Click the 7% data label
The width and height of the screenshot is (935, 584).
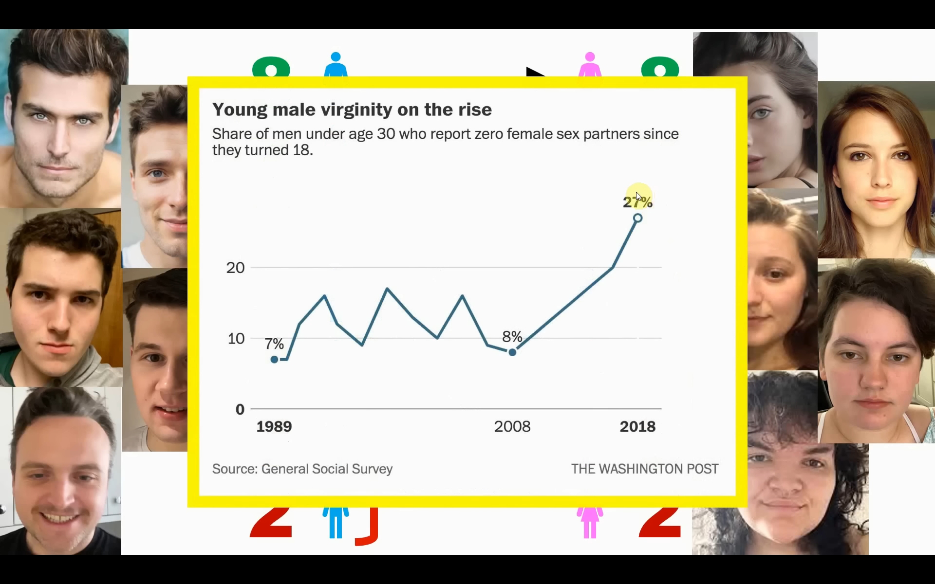(x=274, y=344)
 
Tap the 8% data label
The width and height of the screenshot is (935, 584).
(x=512, y=336)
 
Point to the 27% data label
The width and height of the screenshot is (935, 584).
(x=637, y=202)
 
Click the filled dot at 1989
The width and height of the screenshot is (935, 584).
(x=274, y=360)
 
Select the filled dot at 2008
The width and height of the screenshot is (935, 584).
(x=512, y=352)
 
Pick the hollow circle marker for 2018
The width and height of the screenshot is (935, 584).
(x=637, y=219)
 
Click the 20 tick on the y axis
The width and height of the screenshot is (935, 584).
(x=235, y=268)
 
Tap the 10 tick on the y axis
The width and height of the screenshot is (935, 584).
(x=236, y=339)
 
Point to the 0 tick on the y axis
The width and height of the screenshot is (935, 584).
(x=240, y=409)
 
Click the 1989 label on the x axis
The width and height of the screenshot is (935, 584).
(x=274, y=427)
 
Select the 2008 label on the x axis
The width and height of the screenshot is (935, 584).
(x=512, y=427)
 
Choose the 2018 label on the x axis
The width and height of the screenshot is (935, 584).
(x=637, y=427)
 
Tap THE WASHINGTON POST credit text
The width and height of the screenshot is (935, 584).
(x=644, y=469)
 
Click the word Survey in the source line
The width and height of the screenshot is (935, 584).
(x=372, y=469)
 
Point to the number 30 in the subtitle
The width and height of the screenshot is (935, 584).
(x=386, y=134)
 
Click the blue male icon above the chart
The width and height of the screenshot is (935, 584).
(x=336, y=64)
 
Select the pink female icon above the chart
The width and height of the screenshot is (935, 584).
(x=590, y=64)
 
